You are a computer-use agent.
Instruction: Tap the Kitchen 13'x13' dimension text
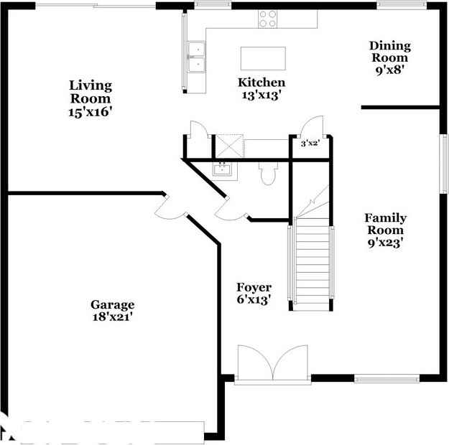(x=260, y=95)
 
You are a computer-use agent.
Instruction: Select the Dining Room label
(x=390, y=52)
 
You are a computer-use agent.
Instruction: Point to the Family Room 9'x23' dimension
(x=386, y=243)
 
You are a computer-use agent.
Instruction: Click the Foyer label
(x=254, y=287)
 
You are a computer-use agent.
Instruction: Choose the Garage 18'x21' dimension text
(x=112, y=317)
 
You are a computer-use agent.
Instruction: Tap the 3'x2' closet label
(x=310, y=143)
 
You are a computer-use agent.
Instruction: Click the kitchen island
(x=263, y=58)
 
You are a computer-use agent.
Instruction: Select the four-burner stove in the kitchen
(x=268, y=19)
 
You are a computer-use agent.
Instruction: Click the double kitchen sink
(x=196, y=57)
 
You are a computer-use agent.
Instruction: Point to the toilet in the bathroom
(x=268, y=174)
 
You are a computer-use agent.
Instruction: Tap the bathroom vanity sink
(x=223, y=169)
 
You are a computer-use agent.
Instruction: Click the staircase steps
(x=312, y=264)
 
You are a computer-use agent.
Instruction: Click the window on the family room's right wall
(x=443, y=164)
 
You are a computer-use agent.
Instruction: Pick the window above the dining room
(x=401, y=5)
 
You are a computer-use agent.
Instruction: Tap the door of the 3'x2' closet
(x=312, y=125)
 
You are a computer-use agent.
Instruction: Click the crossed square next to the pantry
(x=230, y=146)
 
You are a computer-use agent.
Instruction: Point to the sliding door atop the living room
(x=96, y=6)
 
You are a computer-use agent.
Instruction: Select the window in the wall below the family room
(x=387, y=379)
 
